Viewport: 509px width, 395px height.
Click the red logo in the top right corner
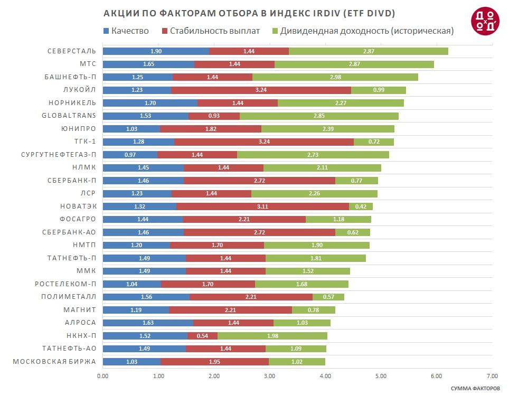pos(484,22)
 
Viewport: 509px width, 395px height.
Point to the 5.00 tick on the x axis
pos(381,376)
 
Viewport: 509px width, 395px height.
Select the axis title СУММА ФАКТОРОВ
pos(475,388)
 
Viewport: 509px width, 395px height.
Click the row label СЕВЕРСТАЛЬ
pos(71,51)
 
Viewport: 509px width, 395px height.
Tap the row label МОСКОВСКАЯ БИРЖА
pos(54,362)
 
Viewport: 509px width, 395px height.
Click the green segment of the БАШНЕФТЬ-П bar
pos(335,77)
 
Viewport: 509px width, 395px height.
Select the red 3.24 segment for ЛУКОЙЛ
pos(261,90)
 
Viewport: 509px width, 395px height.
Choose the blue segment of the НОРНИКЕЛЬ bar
pos(150,103)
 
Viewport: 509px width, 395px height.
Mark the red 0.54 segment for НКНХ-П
pos(202,336)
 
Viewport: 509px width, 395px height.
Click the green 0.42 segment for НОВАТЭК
pos(361,206)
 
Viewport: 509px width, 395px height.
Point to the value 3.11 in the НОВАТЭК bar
pos(262,206)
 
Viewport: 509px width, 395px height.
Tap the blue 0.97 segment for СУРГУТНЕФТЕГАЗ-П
pos(130,155)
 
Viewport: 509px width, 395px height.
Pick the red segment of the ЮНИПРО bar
pos(211,129)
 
